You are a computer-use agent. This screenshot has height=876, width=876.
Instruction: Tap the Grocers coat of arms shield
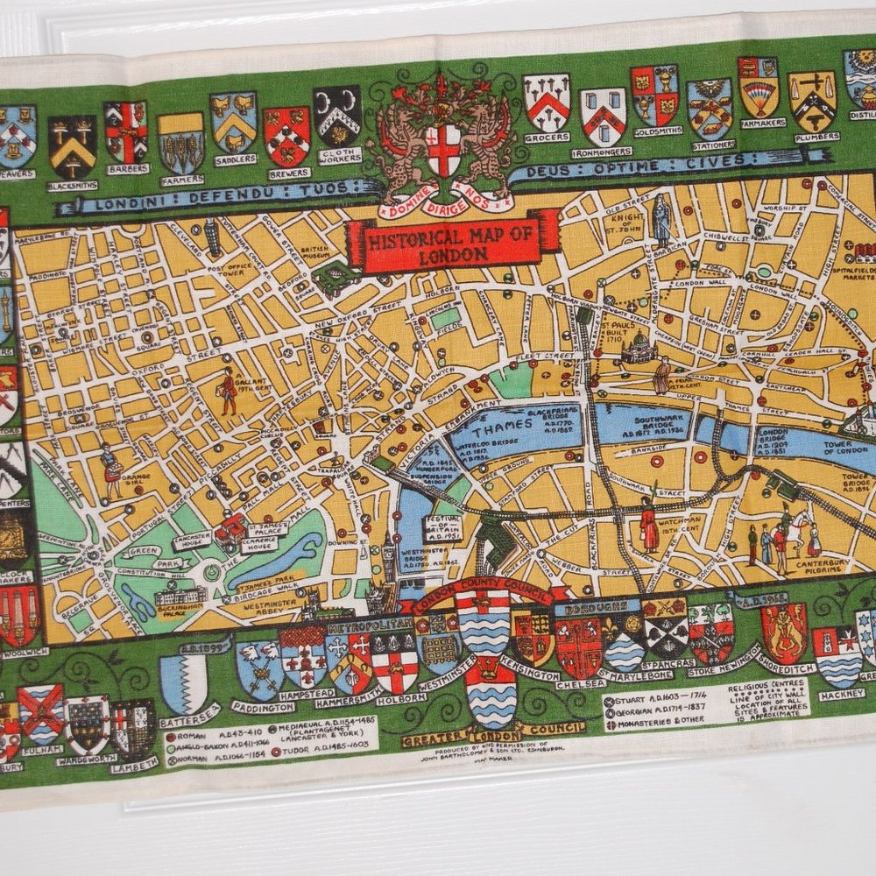(547, 102)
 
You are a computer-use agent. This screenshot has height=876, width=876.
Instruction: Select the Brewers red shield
(286, 135)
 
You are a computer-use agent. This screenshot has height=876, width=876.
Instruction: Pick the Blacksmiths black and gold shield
(72, 145)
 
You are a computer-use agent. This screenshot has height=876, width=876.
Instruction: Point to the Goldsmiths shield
(654, 95)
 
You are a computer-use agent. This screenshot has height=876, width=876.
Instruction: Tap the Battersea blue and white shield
(183, 682)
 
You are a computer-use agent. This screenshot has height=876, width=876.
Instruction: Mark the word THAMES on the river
(503, 429)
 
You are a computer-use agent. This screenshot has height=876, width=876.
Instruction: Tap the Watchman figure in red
(648, 525)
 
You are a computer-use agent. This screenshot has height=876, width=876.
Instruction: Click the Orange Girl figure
(111, 470)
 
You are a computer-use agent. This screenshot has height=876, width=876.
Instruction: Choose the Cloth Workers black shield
(336, 116)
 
